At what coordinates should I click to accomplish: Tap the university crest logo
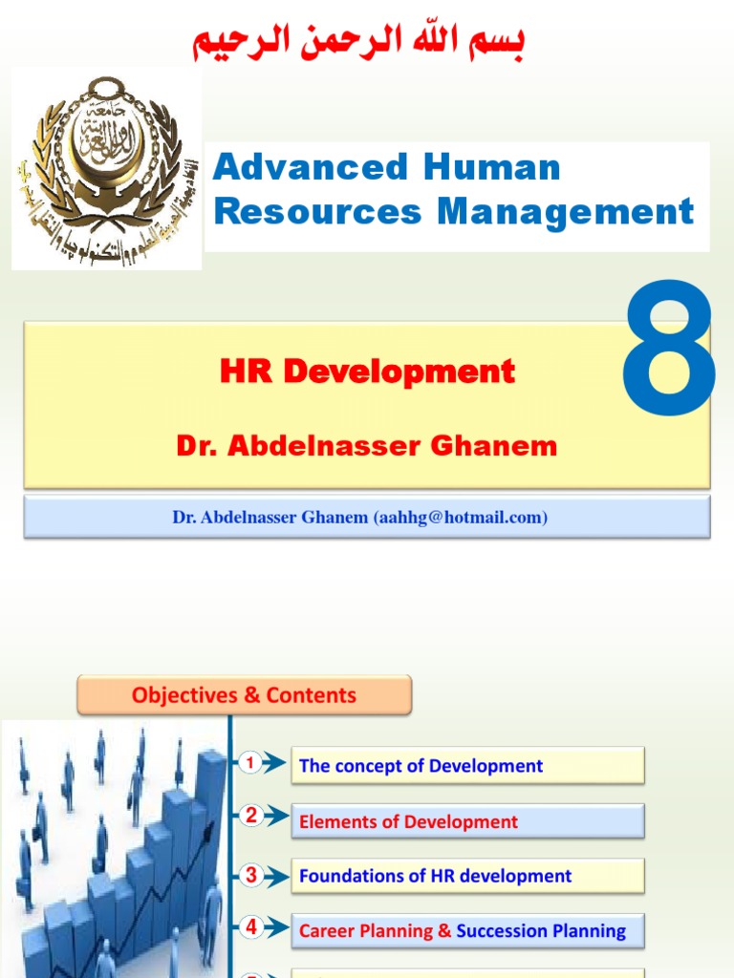point(106,169)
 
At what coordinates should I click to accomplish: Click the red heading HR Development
point(368,372)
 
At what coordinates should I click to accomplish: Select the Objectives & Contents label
point(244,695)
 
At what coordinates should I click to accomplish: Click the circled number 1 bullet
point(250,762)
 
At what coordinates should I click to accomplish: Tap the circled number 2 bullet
point(251,816)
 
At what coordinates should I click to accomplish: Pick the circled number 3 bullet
point(251,874)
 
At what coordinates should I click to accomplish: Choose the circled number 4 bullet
point(251,926)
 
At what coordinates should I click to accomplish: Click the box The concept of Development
point(467,766)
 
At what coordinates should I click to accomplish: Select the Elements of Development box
point(467,821)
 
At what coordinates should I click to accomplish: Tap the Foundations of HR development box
point(467,876)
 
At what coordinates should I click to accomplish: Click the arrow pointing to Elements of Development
point(275,818)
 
